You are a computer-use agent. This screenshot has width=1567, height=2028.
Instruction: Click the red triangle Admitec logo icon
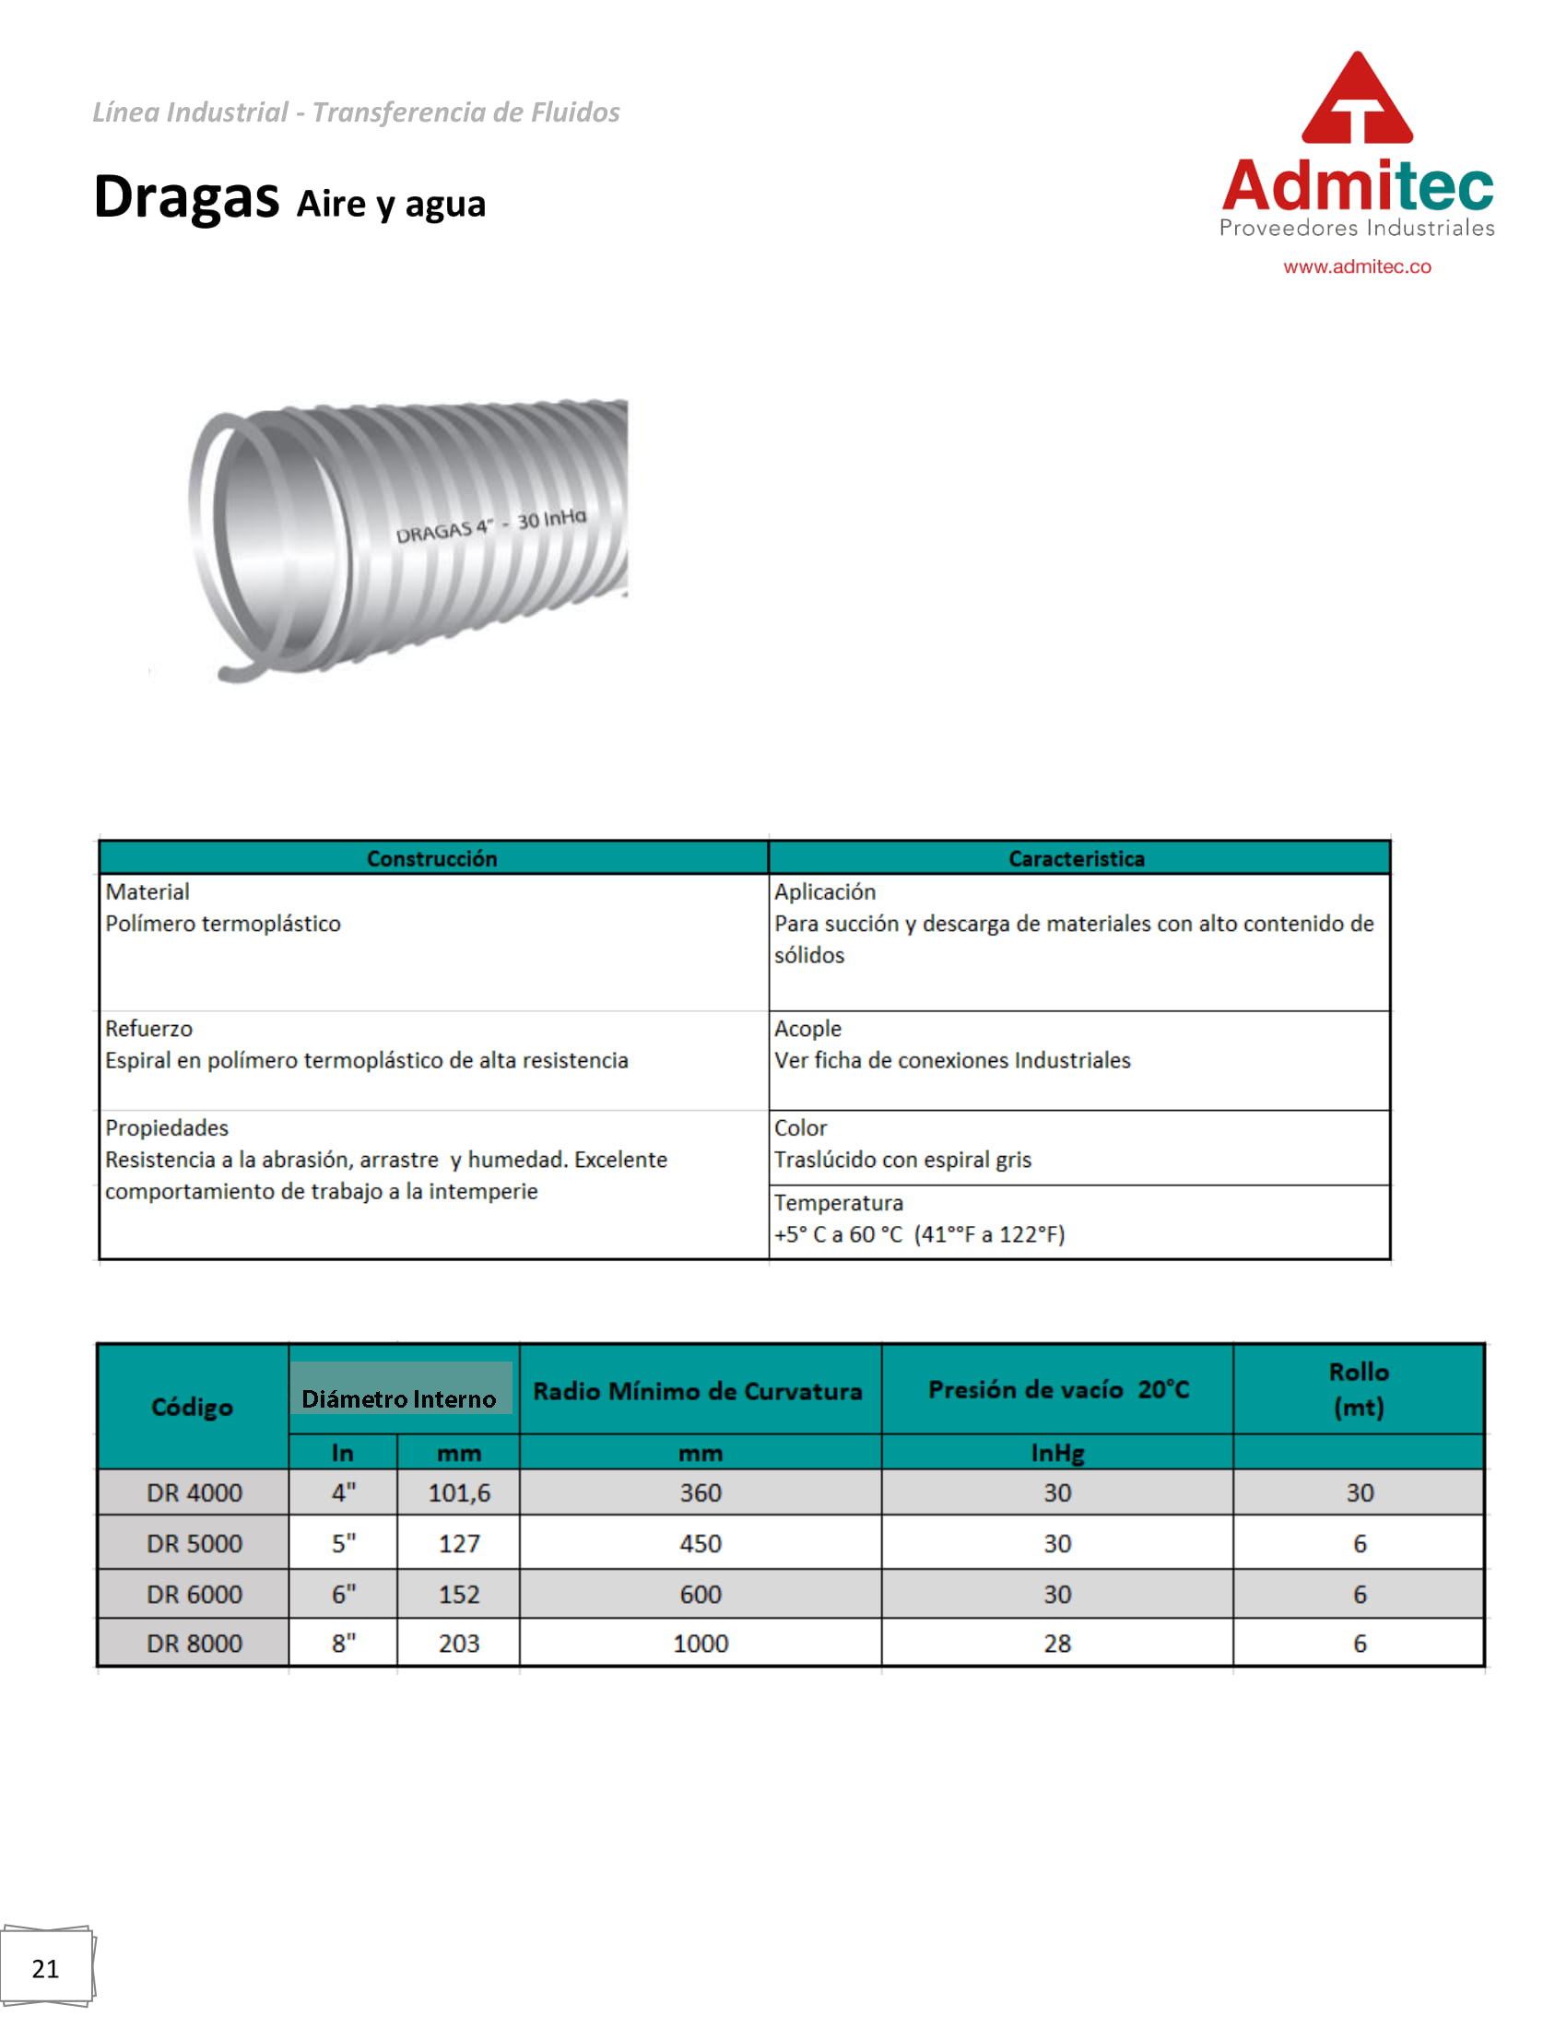1356,100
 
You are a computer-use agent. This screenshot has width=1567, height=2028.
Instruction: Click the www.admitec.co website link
1356,266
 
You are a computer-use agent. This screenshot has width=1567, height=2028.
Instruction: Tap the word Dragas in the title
185,198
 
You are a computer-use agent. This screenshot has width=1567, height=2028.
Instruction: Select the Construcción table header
431,858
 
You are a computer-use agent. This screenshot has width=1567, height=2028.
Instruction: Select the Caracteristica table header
1076,858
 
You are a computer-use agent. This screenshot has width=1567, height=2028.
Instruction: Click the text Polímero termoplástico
223,923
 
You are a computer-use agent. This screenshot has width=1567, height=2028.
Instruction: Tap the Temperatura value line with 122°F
919,1234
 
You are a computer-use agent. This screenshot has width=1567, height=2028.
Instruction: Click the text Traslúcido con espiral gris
902,1159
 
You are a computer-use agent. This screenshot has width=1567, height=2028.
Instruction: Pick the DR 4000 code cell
194,1492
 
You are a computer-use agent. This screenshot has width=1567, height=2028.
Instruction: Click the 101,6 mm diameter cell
459,1492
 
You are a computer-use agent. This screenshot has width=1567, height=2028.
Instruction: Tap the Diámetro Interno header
398,1398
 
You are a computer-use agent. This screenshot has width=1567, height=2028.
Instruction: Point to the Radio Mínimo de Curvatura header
697,1390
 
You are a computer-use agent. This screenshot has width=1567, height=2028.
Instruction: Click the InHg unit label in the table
1056,1452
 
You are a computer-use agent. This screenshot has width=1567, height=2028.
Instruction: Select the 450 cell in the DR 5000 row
700,1543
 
